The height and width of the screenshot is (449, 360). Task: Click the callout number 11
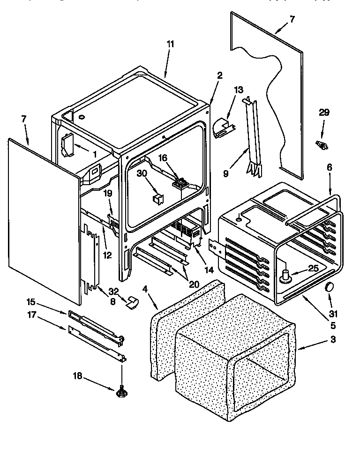pyautogui.click(x=170, y=44)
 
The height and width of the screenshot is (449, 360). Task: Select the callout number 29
pyautogui.click(x=324, y=112)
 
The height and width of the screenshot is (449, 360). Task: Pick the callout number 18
pyautogui.click(x=78, y=375)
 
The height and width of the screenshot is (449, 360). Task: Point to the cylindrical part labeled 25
pyautogui.click(x=285, y=277)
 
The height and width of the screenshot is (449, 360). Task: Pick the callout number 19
pyautogui.click(x=107, y=193)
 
